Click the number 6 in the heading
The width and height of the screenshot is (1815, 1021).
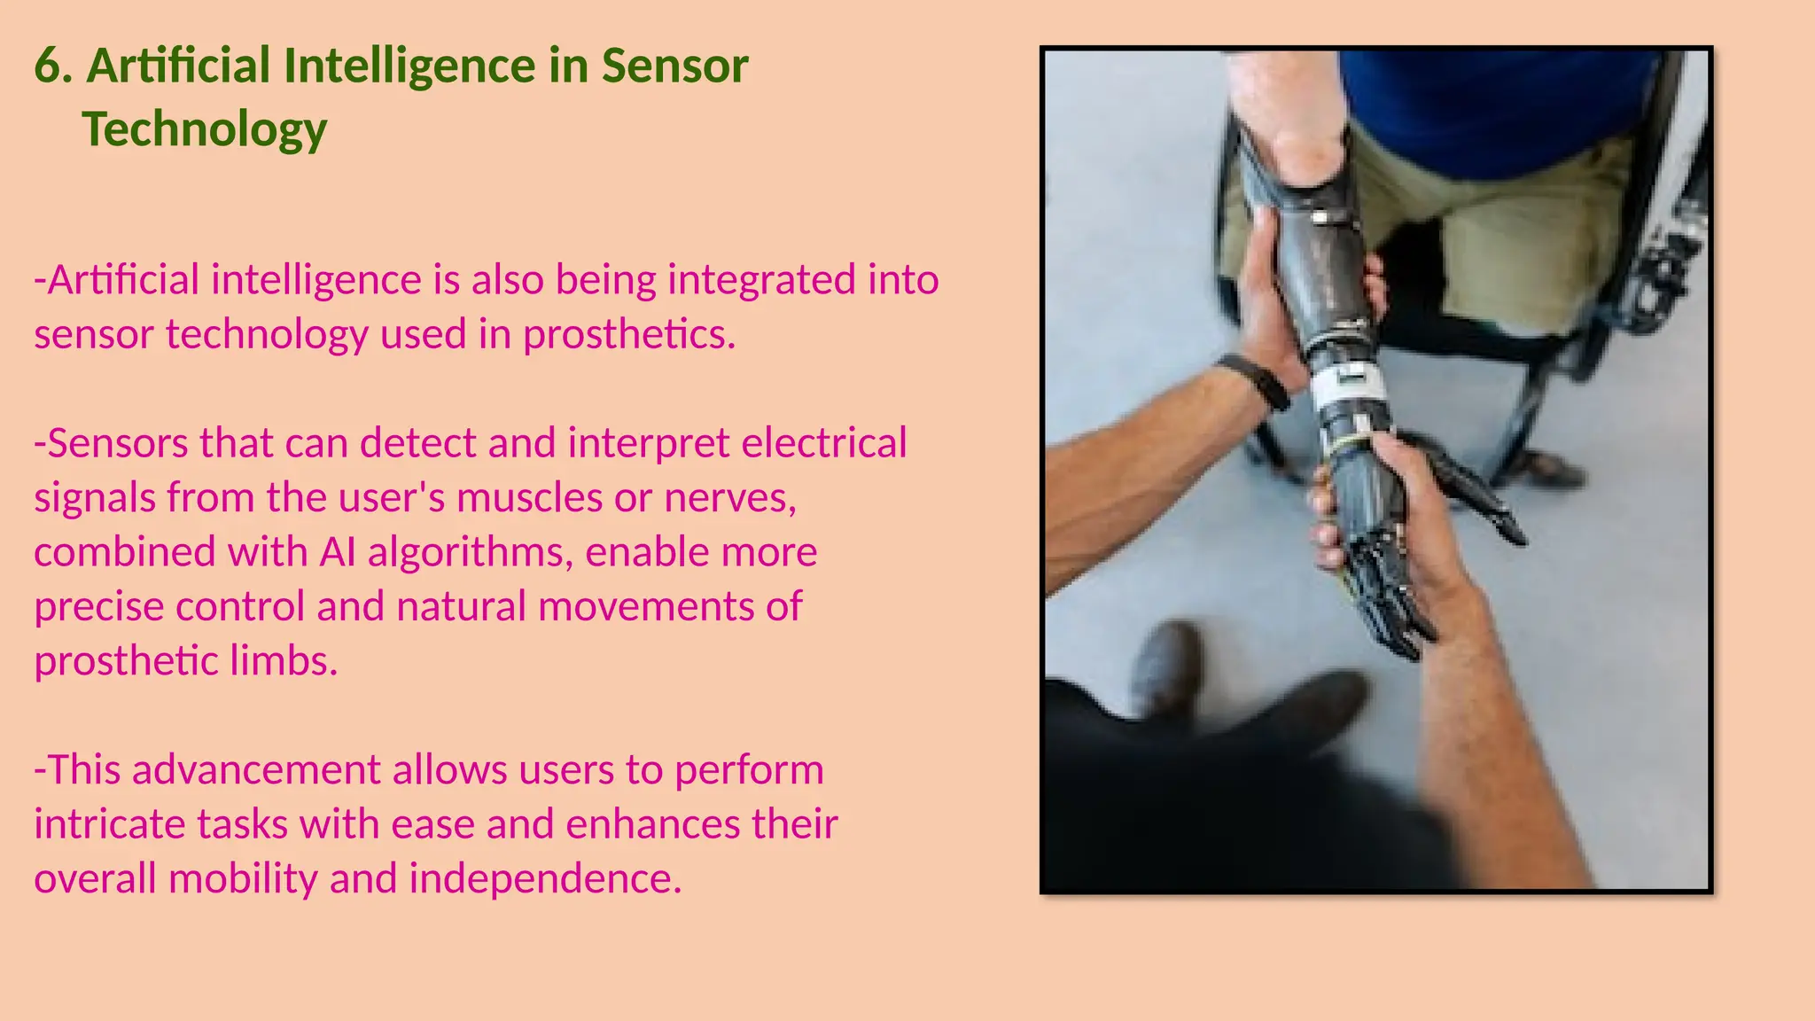point(51,66)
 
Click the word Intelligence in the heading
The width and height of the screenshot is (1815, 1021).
point(409,66)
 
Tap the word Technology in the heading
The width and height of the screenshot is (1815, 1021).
point(205,130)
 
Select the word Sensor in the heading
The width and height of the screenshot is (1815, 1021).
point(674,66)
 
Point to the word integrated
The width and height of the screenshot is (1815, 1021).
point(760,280)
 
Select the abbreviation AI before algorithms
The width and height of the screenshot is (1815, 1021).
point(338,553)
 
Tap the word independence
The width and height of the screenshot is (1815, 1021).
point(545,879)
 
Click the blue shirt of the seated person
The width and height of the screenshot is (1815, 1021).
point(1498,106)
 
